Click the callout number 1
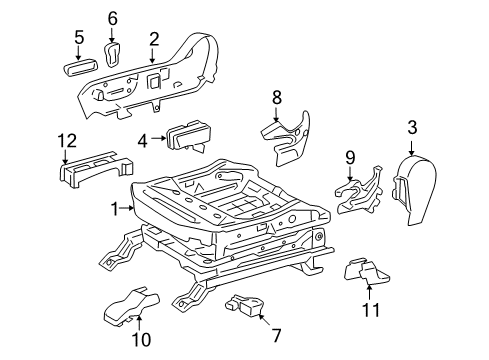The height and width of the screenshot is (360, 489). [114, 208]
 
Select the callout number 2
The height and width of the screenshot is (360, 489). [154, 38]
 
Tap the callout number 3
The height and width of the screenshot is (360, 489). [411, 127]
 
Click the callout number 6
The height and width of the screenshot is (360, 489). [112, 17]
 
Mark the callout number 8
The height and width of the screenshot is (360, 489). [277, 96]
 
